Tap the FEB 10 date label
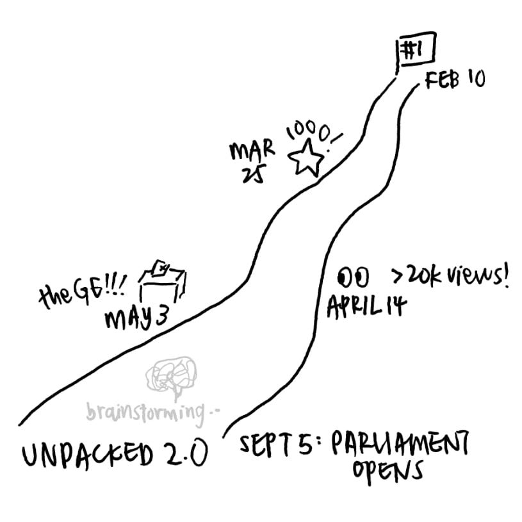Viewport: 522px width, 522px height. (453, 80)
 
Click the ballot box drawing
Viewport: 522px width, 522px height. (165, 281)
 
